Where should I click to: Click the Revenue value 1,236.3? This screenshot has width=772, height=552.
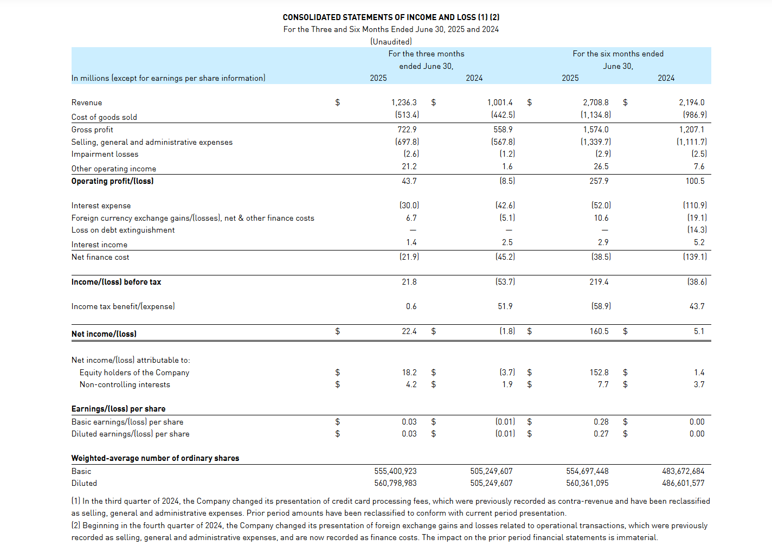point(404,102)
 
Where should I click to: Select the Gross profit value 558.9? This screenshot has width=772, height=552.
point(503,130)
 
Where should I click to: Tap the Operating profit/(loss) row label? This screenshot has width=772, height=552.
point(112,181)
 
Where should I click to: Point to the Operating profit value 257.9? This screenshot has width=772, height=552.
point(599,181)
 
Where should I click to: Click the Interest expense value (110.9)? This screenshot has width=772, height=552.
point(694,206)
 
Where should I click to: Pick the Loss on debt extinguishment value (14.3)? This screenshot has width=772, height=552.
point(697,230)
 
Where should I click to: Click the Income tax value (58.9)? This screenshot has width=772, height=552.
point(601,306)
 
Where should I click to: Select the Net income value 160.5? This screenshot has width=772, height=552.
point(599,331)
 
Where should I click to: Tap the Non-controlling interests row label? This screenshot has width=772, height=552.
point(125,384)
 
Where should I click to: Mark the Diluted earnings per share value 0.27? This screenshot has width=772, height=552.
point(601,434)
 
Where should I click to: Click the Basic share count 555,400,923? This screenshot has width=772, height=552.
point(395,471)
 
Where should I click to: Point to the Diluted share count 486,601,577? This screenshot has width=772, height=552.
point(683,483)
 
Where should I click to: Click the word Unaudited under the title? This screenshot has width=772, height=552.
point(391,42)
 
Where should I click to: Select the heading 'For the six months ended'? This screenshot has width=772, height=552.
point(618,54)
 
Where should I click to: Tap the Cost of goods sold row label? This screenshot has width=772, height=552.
point(104,117)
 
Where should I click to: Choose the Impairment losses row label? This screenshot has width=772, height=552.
point(105,154)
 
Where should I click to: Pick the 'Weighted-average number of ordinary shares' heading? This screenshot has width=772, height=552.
point(155,458)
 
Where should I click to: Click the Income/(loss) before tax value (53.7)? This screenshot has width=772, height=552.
point(505,282)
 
